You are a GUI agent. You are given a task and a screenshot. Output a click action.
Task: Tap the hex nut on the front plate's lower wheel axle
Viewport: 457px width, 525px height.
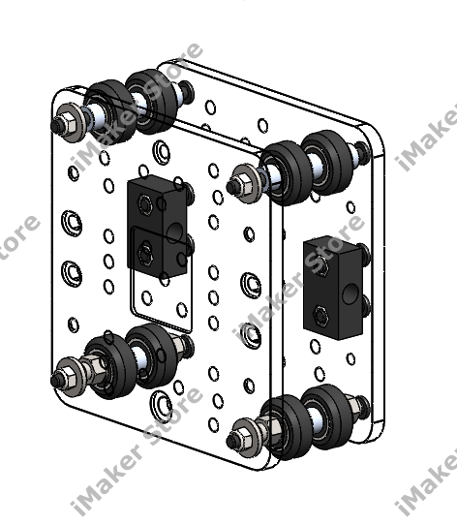click(70, 373)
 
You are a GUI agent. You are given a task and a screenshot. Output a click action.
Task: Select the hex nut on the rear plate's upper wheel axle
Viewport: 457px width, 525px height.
click(243, 180)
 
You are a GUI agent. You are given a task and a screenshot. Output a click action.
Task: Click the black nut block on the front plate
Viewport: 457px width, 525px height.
click(159, 228)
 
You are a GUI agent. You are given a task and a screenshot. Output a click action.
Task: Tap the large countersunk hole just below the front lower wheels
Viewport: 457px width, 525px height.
click(161, 401)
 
